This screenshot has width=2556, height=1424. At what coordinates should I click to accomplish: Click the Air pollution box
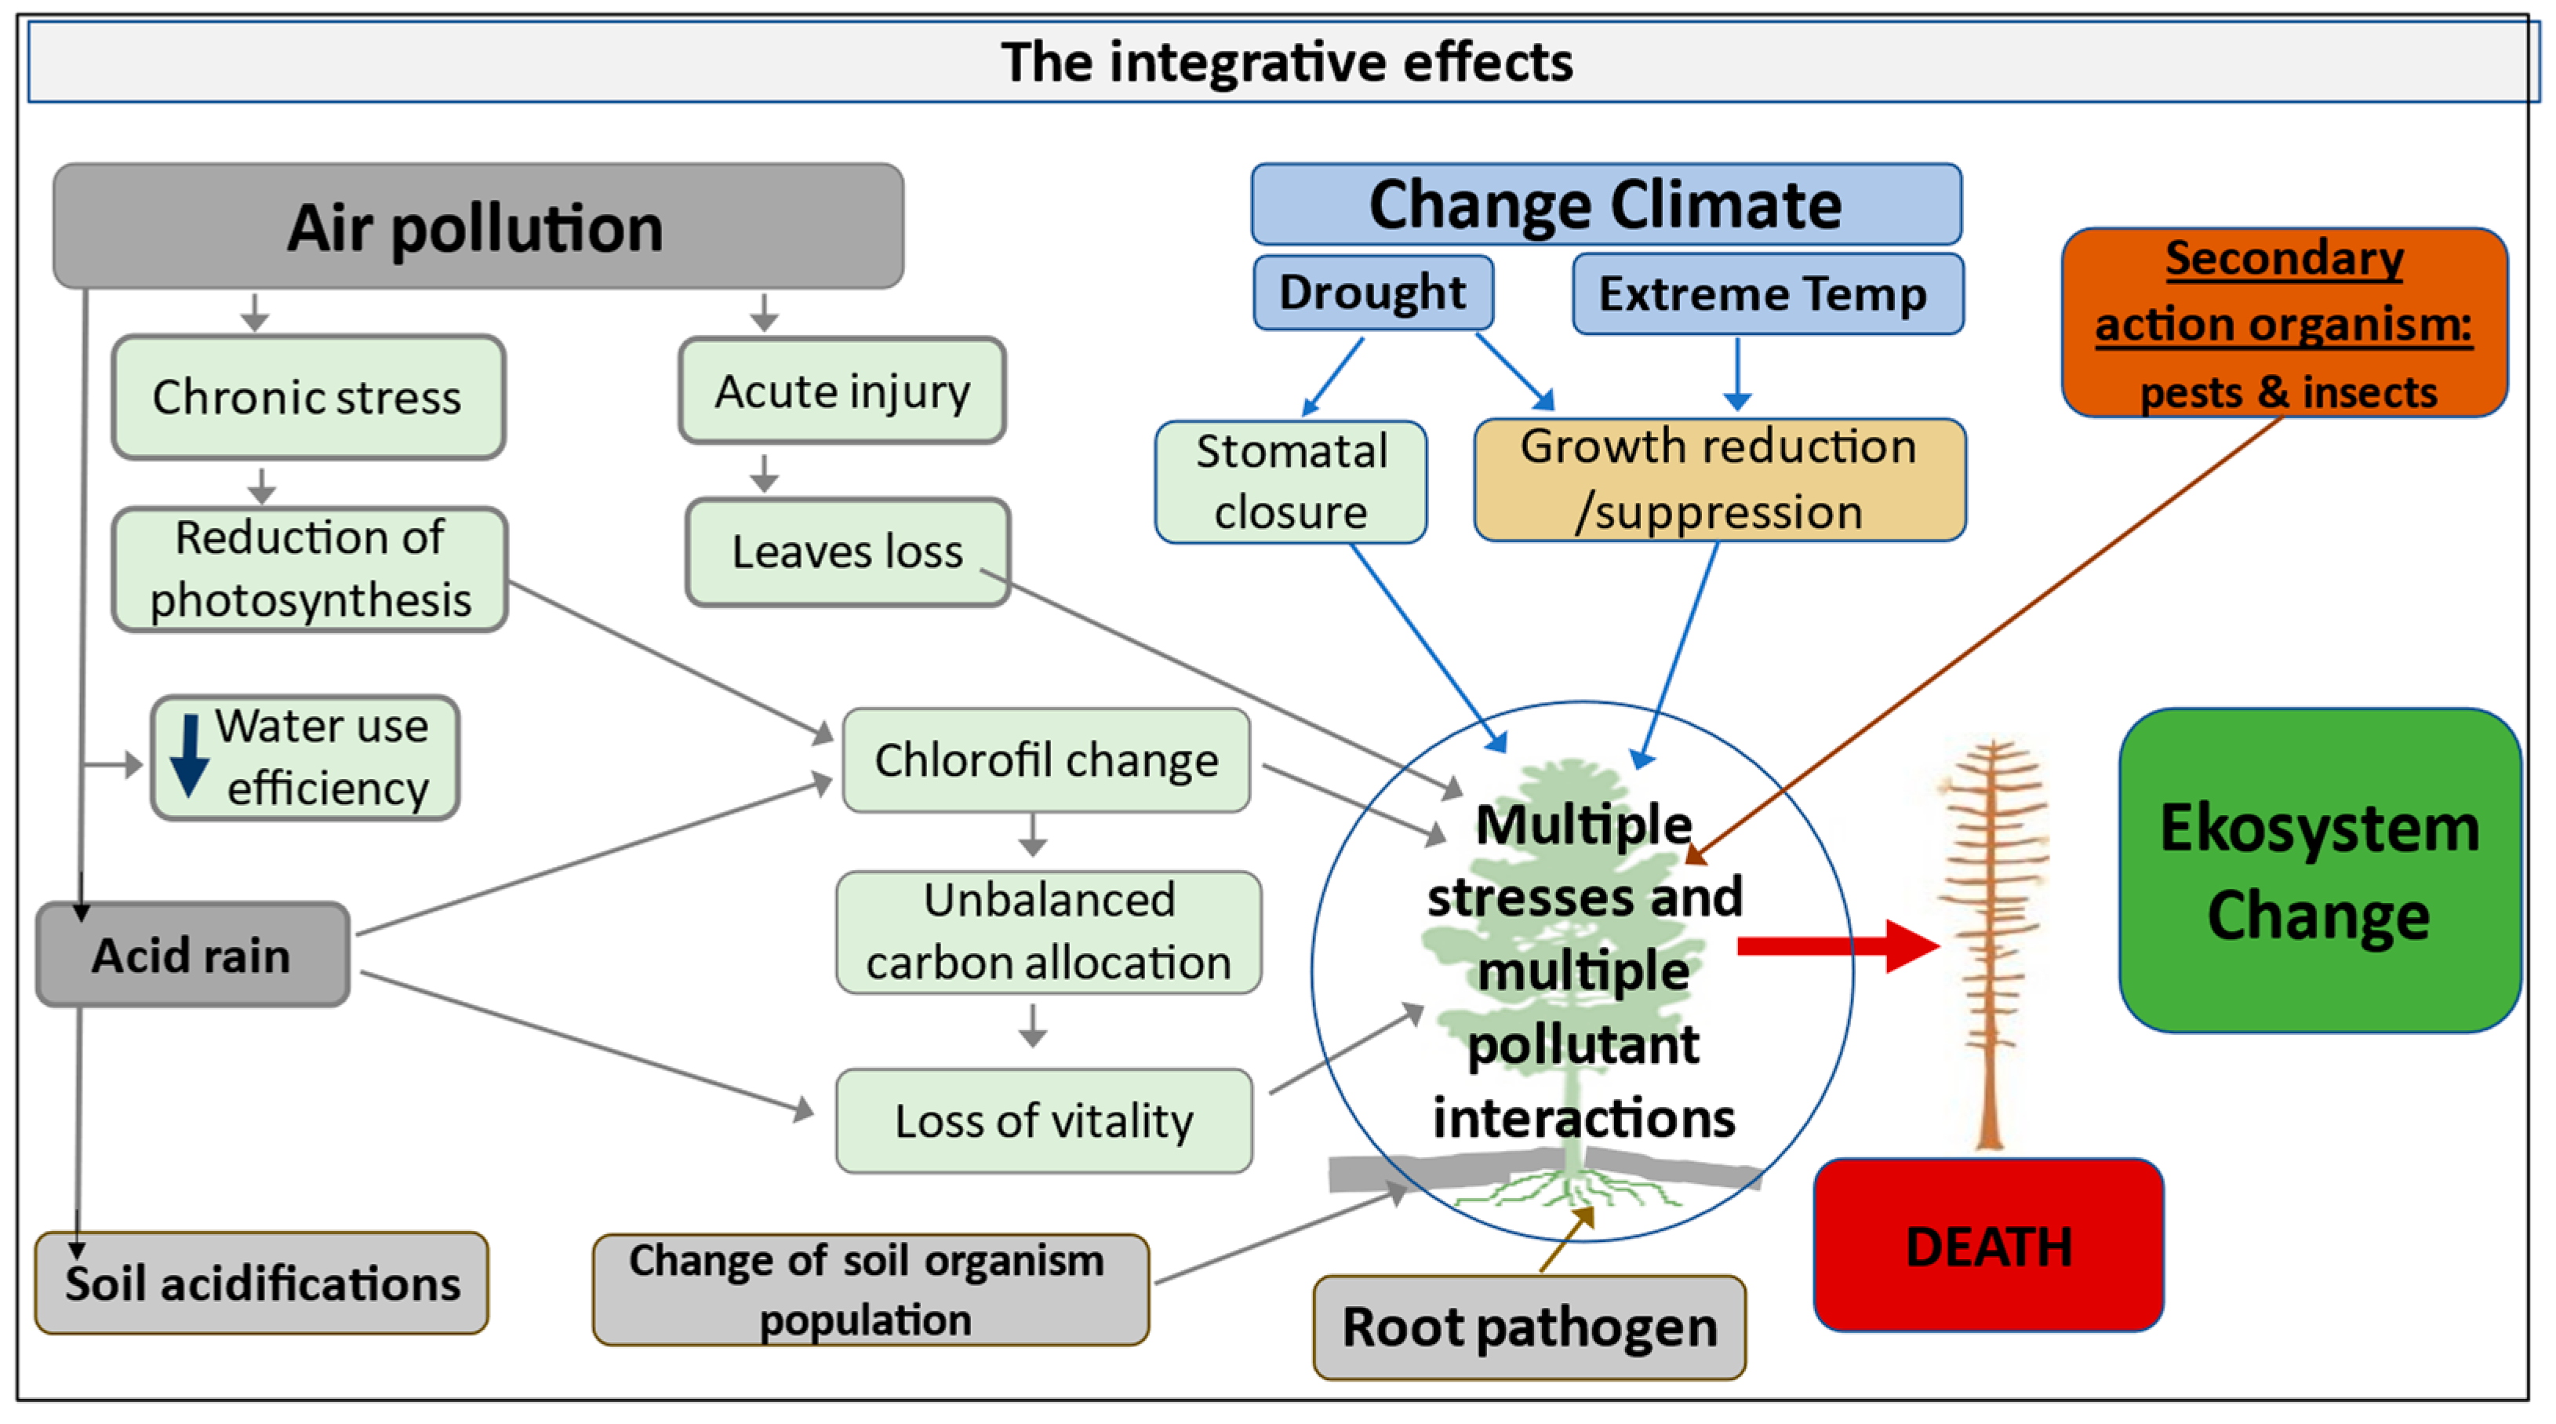(478, 226)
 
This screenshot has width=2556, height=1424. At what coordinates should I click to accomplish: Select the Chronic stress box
(307, 397)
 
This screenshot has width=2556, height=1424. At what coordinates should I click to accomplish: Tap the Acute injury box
(842, 390)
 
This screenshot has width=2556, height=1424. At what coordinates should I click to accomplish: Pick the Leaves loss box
(847, 552)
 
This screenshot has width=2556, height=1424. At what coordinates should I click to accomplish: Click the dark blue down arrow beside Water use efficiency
(188, 756)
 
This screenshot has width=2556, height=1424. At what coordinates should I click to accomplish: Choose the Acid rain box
(192, 955)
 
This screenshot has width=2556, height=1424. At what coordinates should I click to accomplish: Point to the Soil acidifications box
(262, 1283)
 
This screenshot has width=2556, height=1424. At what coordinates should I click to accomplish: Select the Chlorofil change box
(1045, 760)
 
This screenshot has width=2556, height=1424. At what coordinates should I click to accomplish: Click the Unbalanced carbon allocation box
(1048, 932)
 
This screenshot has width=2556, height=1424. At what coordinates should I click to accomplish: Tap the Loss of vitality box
(1044, 1120)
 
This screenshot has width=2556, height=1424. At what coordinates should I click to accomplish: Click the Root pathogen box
(1529, 1327)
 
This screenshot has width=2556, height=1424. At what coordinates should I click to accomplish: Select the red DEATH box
(1988, 1245)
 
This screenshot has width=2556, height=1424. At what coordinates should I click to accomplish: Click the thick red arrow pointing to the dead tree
(1836, 945)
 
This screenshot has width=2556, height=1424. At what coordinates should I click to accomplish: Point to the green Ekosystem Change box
(2319, 870)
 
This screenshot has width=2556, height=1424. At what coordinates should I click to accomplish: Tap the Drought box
(1373, 293)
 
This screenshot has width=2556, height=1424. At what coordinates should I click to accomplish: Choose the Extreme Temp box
(1766, 293)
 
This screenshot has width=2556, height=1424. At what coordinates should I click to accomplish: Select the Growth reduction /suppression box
(1718, 479)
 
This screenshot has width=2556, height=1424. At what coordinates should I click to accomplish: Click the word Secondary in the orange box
(2284, 258)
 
